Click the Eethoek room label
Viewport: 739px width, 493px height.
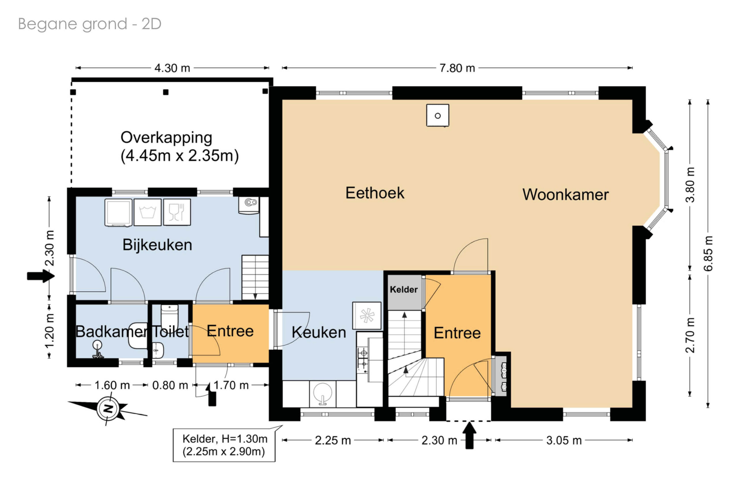[x=375, y=193]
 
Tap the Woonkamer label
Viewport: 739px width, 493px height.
[x=565, y=194]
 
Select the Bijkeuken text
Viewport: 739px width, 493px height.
[x=157, y=244]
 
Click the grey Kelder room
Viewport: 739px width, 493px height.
[x=404, y=292]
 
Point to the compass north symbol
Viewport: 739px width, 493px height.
[x=108, y=409]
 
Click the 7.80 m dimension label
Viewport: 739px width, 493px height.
[x=457, y=68]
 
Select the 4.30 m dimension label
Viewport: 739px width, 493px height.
[x=172, y=68]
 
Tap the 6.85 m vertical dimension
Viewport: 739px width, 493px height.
[x=708, y=253]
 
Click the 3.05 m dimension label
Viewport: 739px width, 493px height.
[x=564, y=440]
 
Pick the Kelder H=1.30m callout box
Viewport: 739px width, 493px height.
[x=224, y=445]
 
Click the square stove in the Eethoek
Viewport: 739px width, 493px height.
[x=438, y=115]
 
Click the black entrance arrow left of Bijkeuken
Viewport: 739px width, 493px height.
[x=40, y=276]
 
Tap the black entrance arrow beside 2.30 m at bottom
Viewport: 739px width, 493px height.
[x=469, y=435]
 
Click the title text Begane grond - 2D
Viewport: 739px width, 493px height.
[x=90, y=24]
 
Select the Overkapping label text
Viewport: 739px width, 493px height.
[x=180, y=147]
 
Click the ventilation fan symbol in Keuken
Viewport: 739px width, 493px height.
[x=367, y=316]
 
